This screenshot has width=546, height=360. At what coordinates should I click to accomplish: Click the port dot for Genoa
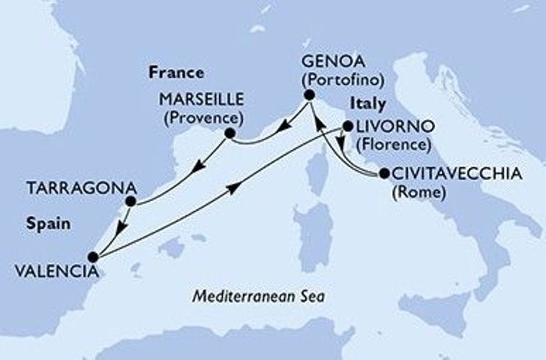308,95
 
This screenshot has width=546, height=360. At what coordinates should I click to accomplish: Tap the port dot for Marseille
229,135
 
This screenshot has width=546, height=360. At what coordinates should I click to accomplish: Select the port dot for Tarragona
130,201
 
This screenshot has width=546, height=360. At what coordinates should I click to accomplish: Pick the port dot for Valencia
93,257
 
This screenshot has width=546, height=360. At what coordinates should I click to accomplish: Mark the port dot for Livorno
347,127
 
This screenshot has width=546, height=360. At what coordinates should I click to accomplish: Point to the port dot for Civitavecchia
384,174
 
